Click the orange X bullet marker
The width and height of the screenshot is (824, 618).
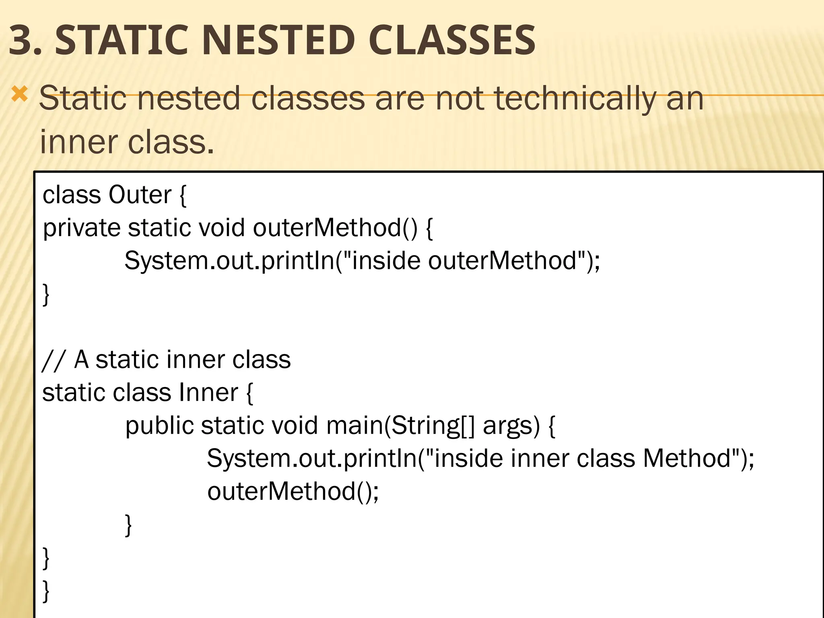coord(19,95)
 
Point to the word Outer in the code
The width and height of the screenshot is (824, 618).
coord(140,195)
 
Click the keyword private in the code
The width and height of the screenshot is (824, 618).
coord(82,228)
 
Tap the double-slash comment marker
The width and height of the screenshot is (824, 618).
coord(52,360)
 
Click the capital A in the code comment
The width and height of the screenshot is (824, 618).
coord(82,359)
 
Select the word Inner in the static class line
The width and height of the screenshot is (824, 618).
coord(208,392)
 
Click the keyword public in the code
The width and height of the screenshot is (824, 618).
coord(159,426)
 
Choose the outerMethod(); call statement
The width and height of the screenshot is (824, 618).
coord(293,492)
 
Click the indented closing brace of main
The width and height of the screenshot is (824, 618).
coord(128,525)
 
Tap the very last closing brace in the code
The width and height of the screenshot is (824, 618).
coord(46,591)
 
